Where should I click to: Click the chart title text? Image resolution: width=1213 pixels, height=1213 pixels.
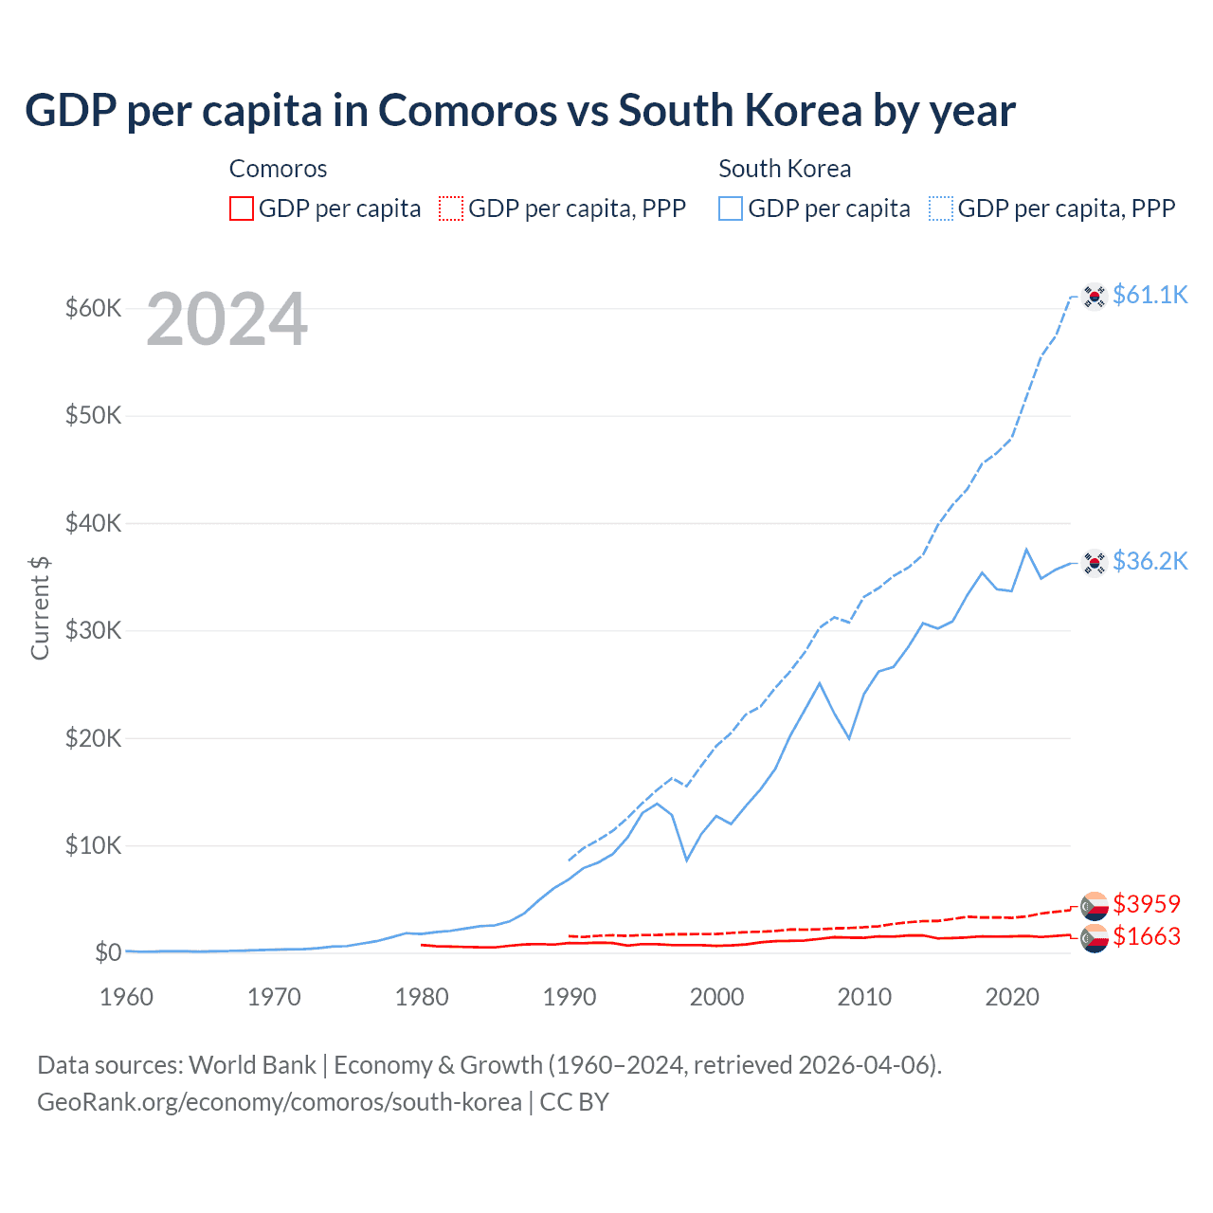tap(519, 111)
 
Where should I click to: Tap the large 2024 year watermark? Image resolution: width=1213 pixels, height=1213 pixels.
tap(226, 320)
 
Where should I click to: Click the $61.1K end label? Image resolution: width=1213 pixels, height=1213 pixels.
tap(1150, 295)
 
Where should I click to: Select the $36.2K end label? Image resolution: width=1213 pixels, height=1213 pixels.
tap(1150, 561)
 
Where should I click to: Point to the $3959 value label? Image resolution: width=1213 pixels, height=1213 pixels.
tap(1147, 904)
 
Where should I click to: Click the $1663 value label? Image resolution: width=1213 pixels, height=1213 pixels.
tap(1147, 936)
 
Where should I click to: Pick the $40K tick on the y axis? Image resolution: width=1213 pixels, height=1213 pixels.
tap(93, 523)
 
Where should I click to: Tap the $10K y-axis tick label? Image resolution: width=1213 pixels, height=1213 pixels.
tap(93, 845)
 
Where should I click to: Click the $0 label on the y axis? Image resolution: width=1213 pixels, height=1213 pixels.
tap(107, 952)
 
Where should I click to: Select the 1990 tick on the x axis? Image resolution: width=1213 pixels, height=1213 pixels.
tap(570, 997)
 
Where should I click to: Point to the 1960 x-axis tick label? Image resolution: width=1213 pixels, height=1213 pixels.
tap(126, 997)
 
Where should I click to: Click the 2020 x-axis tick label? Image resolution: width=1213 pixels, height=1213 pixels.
tap(1012, 997)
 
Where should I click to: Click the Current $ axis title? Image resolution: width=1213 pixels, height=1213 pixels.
tap(40, 608)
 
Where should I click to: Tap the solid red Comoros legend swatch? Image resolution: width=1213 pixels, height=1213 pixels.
tap(242, 208)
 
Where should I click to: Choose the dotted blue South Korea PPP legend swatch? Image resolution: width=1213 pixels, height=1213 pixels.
tap(941, 208)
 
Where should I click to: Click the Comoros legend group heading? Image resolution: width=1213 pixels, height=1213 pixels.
tap(278, 169)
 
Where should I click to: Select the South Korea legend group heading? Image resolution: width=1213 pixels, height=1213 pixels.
tap(785, 169)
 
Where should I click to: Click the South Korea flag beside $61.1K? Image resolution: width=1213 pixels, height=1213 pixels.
tap(1095, 296)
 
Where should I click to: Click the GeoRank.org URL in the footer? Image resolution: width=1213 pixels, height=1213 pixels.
tap(280, 1102)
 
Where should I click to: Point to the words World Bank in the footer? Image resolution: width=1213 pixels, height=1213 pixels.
tap(252, 1065)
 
